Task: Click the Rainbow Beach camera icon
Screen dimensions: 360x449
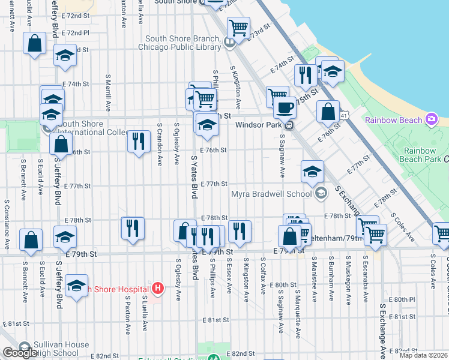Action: tap(432, 120)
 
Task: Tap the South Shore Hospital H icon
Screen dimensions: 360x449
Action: tap(158, 289)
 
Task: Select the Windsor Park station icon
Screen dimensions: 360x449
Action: tap(289, 125)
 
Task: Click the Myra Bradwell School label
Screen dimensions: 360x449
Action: tap(271, 193)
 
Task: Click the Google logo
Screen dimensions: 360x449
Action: tap(20, 353)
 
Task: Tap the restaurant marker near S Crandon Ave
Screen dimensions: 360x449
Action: tap(139, 141)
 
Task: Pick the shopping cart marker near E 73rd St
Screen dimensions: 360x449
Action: tap(238, 28)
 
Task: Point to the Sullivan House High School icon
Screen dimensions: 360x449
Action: tap(25, 347)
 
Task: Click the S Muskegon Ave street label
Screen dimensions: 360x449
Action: tap(348, 272)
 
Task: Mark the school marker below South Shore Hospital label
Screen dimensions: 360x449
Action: tap(76, 286)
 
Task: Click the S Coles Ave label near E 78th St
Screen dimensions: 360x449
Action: tap(402, 226)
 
